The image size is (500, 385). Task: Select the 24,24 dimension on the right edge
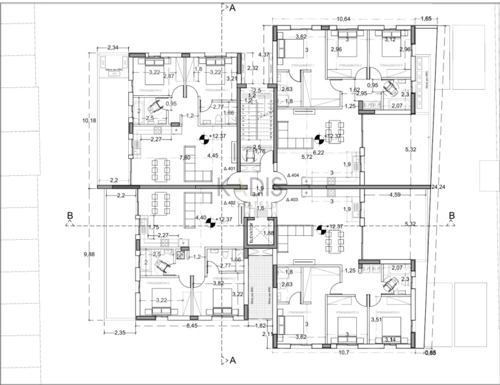(x=437, y=186)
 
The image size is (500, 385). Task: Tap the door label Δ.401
(x=229, y=168)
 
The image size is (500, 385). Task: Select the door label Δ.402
(x=229, y=203)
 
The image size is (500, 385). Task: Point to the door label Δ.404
(x=293, y=175)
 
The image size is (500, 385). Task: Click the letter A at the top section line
(x=232, y=8)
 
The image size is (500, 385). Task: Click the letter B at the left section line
(x=70, y=216)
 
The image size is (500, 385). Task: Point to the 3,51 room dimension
(x=375, y=319)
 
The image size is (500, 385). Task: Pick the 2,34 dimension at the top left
(x=113, y=48)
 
